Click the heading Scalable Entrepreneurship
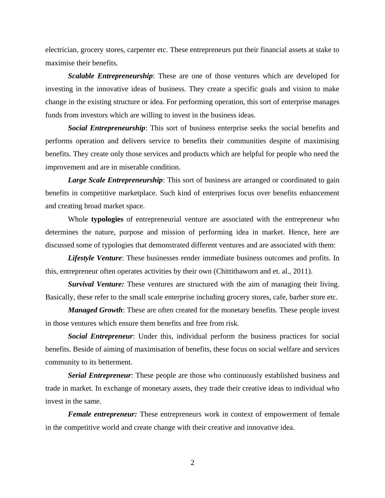(110, 76)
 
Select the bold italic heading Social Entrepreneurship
(106, 128)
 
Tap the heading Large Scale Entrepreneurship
(115, 180)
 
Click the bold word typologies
(107, 219)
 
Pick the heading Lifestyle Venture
(95, 258)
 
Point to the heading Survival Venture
(96, 284)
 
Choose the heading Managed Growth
(95, 310)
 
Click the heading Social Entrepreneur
(100, 336)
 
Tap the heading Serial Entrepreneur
(99, 375)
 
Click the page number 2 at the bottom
(192, 463)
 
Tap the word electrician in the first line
(61, 50)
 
